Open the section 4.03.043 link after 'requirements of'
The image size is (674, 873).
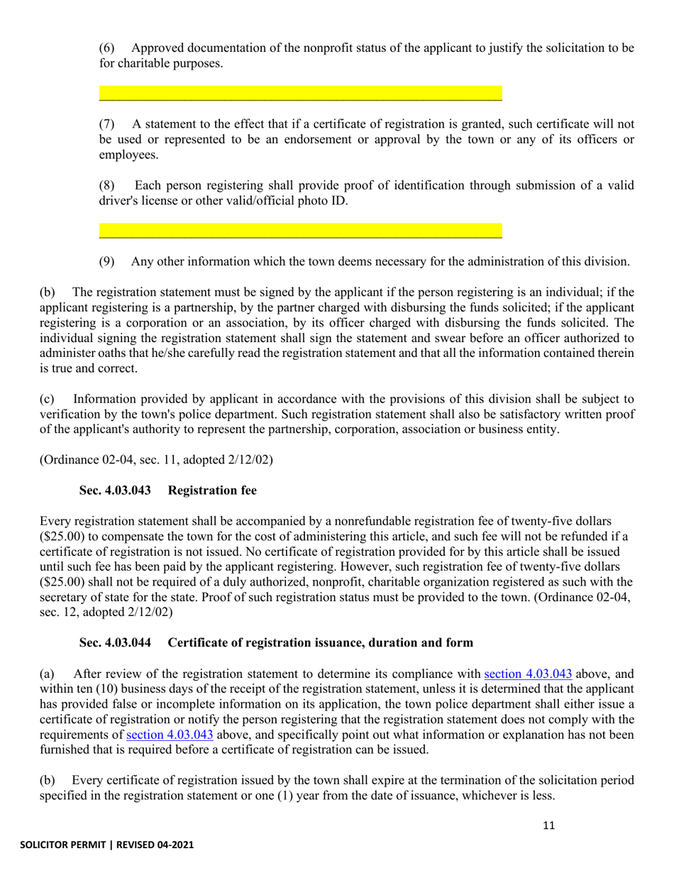click(170, 735)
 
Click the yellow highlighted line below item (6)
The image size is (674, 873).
click(300, 93)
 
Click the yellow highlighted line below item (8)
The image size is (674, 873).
click(300, 231)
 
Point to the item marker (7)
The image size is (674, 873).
click(106, 123)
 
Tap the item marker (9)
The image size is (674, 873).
click(106, 261)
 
